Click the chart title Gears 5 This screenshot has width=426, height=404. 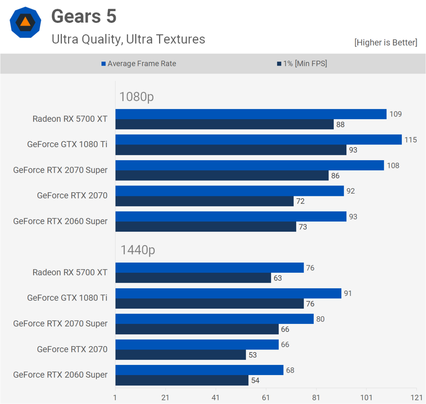[84, 16]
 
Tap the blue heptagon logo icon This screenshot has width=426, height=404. [25, 23]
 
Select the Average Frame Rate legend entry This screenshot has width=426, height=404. [139, 64]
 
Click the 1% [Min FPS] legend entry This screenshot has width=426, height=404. [302, 64]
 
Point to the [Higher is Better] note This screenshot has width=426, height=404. [386, 42]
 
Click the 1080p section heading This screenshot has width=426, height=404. [136, 97]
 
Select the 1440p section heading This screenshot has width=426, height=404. [138, 250]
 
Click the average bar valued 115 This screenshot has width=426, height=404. [258, 140]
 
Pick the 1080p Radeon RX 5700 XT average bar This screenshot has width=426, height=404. [251, 114]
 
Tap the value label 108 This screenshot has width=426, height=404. [393, 165]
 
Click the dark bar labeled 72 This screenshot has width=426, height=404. [204, 201]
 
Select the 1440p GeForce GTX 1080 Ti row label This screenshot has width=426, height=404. [67, 298]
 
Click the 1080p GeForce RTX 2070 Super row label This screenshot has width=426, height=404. [60, 170]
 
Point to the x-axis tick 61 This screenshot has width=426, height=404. [266, 398]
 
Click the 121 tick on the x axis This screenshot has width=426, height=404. [417, 398]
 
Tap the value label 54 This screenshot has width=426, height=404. [255, 380]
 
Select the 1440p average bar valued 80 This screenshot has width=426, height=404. [214, 319]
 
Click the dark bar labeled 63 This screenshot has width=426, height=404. [193, 278]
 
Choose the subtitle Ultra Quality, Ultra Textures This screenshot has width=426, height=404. [128, 39]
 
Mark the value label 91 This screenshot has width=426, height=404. [348, 293]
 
